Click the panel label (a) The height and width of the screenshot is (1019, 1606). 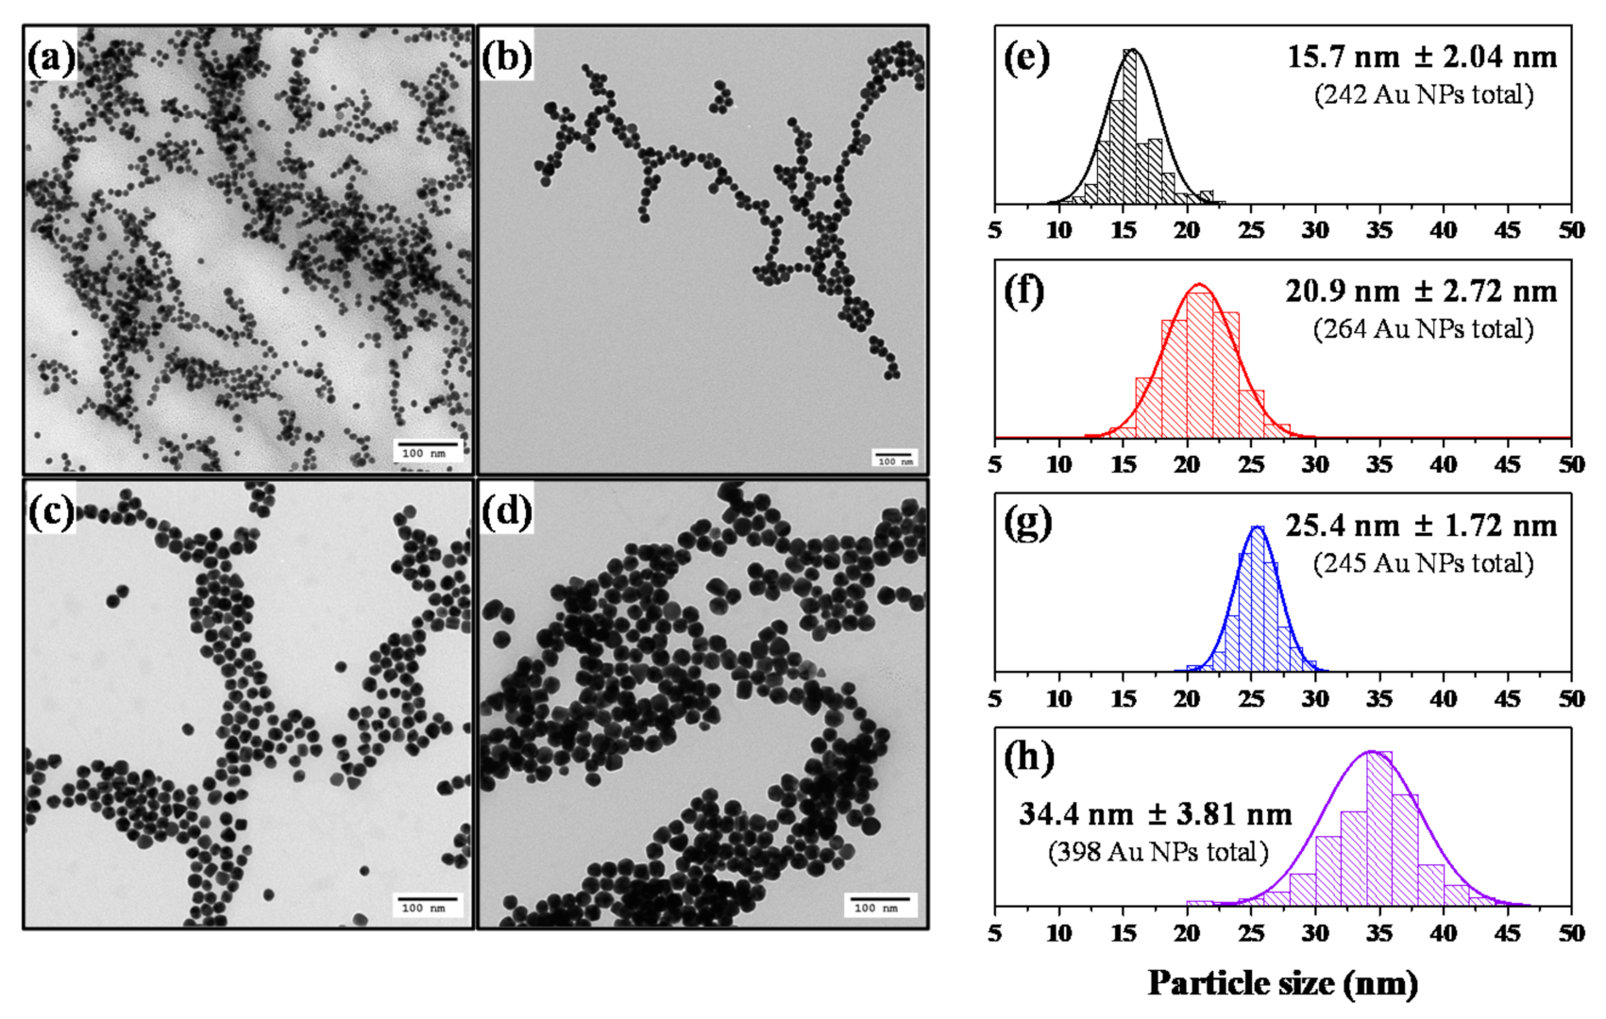[x=51, y=58]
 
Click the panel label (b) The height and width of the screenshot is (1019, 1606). [x=506, y=58]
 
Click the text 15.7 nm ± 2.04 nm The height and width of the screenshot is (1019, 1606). [x=1422, y=58]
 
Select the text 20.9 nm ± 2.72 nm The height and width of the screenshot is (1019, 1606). [x=1422, y=292]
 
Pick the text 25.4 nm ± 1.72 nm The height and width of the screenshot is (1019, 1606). [x=1422, y=526]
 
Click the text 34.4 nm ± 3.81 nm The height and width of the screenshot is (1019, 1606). [x=1156, y=813]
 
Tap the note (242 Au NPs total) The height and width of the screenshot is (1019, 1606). [x=1424, y=94]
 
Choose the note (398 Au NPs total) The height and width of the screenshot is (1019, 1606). [x=1158, y=852]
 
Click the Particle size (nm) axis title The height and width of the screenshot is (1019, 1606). [x=1282, y=983]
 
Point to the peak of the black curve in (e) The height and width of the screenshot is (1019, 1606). [x=1132, y=50]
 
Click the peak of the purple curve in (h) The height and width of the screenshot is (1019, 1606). [x=1372, y=752]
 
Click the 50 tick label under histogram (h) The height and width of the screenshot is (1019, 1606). [x=1571, y=933]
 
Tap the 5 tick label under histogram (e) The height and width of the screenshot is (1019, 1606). [x=995, y=231]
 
